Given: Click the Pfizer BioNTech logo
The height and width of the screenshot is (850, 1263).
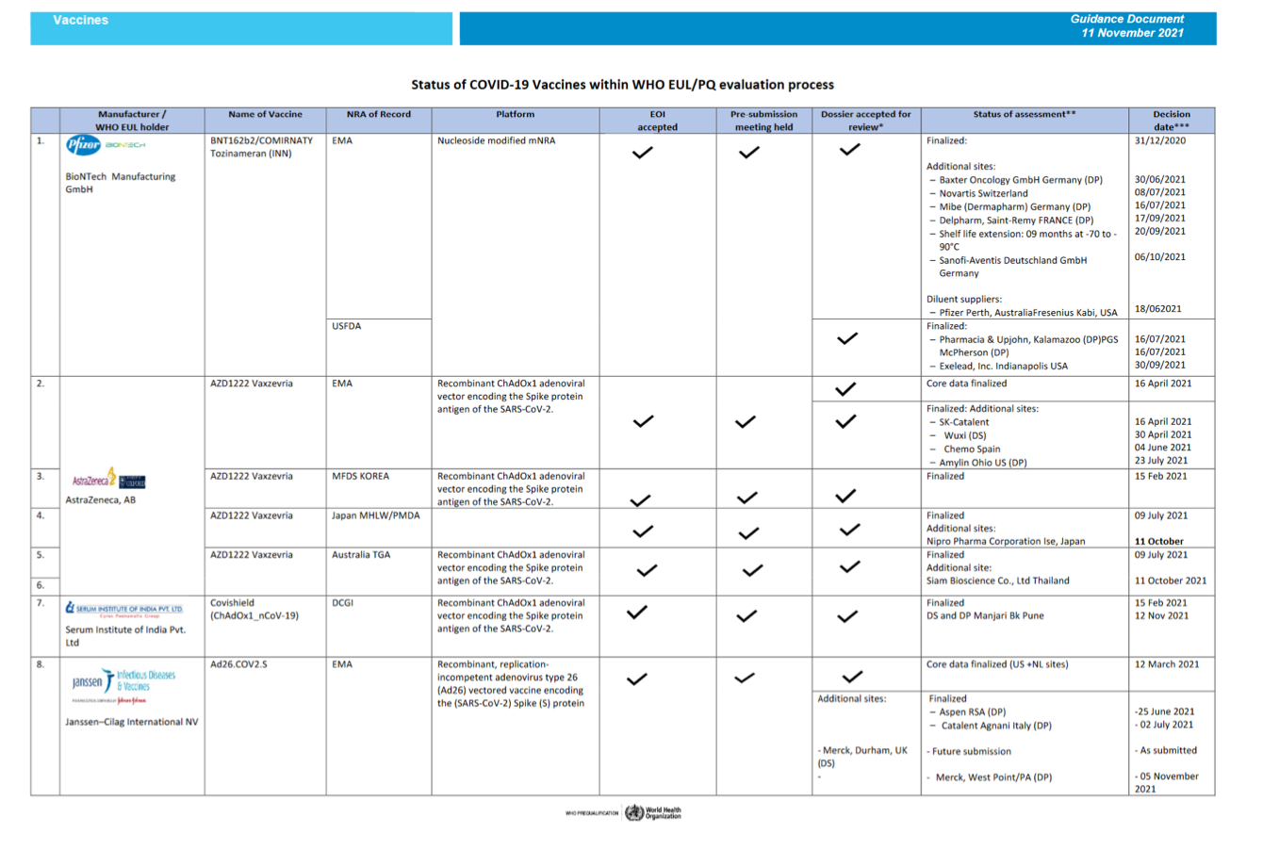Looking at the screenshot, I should click(105, 146).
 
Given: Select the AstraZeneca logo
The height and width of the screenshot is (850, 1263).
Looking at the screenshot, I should click(108, 480).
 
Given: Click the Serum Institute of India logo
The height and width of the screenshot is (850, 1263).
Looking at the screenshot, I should click(123, 610).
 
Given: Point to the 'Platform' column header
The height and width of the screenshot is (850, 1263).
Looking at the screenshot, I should click(515, 114).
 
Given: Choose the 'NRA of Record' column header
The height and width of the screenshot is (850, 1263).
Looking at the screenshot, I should click(378, 114).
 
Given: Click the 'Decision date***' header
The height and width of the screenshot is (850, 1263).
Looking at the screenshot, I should click(1171, 121).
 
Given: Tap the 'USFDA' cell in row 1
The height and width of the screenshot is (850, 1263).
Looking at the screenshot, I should click(347, 326).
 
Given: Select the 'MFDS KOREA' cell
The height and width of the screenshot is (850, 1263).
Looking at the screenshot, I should click(360, 476).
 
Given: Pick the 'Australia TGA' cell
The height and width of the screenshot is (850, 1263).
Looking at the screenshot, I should click(360, 555).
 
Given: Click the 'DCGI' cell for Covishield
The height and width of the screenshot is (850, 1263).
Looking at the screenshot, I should click(342, 603).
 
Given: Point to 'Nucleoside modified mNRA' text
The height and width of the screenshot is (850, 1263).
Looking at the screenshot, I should click(496, 140).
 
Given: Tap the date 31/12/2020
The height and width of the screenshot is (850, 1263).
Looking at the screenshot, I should click(1160, 140).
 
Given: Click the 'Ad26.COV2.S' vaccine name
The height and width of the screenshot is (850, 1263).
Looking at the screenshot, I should click(238, 664).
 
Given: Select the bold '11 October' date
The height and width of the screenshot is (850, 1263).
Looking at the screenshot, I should click(1159, 541).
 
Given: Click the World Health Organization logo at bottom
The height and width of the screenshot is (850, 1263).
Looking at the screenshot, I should click(652, 812).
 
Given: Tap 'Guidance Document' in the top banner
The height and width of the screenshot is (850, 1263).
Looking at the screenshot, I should click(1126, 19).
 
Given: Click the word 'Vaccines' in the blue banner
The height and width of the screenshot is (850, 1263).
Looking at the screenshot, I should click(80, 20).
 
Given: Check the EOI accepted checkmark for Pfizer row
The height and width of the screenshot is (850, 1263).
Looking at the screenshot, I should click(643, 153).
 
